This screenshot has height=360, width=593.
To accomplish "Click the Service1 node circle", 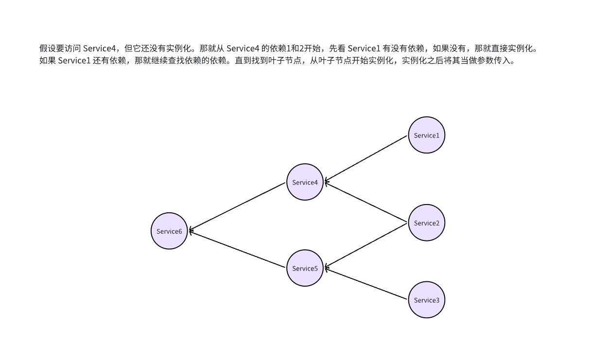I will (426, 135).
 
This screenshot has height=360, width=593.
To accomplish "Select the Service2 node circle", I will (426, 223).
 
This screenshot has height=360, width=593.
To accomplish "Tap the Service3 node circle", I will (426, 300).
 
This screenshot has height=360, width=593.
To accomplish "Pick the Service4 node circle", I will (305, 182).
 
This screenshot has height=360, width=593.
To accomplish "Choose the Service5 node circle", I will (305, 268).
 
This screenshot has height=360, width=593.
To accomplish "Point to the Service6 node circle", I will (169, 231).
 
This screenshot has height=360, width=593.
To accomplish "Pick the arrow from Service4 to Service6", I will (237, 206).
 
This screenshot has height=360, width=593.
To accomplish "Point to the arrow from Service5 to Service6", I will (237, 250).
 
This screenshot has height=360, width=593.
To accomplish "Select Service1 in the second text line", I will (74, 61).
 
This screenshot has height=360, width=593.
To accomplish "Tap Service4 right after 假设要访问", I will (100, 48).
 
